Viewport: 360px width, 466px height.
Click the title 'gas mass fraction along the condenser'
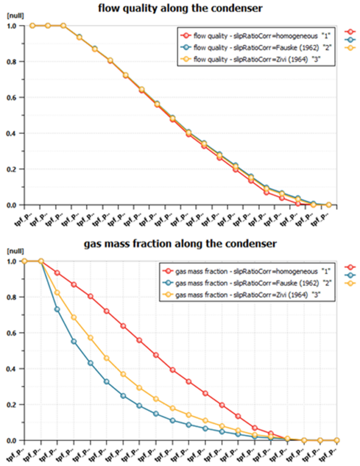pos(180,244)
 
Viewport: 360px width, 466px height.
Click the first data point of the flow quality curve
pos(32,26)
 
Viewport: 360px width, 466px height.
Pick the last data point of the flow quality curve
pos(329,205)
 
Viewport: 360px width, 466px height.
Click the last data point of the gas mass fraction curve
pos(337,440)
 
